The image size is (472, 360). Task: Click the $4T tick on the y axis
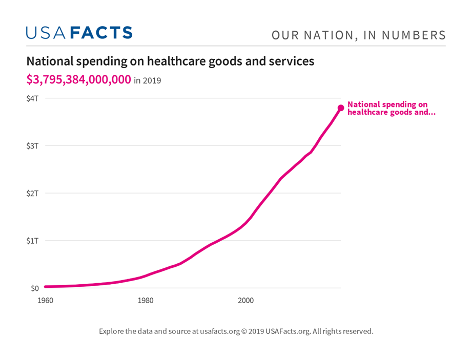[32, 98]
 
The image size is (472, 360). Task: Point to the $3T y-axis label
[32, 145]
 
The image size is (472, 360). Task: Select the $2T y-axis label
[32, 193]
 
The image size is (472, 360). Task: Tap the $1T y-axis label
[32, 240]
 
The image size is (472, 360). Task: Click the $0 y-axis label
[34, 288]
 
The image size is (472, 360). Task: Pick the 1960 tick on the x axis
[45, 300]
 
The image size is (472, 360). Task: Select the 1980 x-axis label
[146, 300]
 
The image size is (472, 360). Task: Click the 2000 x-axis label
[245, 300]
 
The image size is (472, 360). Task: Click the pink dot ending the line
[341, 108]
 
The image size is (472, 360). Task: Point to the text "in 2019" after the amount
[148, 80]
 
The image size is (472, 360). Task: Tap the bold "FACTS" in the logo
[100, 33]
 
